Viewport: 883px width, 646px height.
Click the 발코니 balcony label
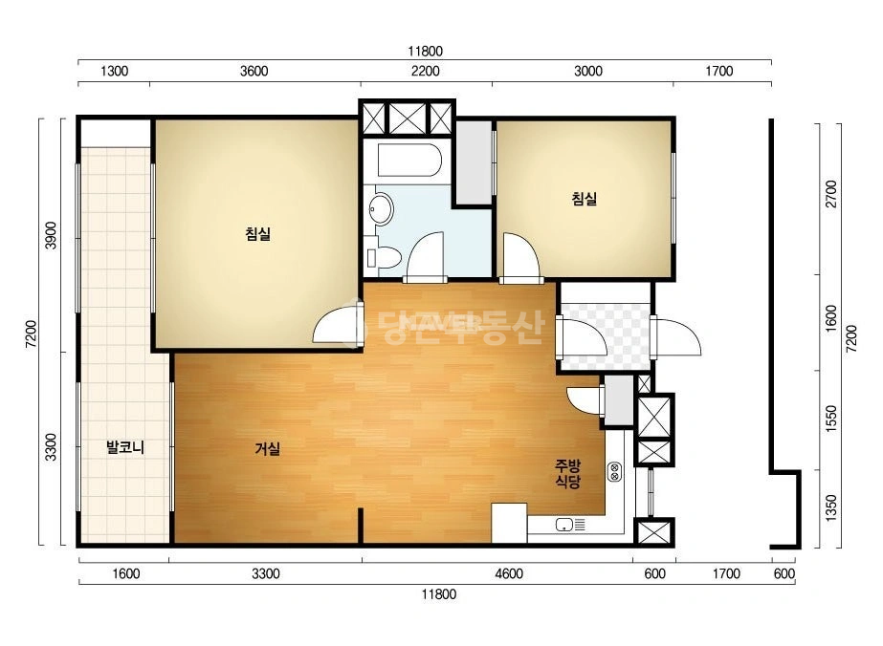click(x=125, y=447)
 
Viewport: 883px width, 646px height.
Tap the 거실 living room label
click(x=268, y=448)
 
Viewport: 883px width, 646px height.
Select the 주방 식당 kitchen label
click(x=567, y=473)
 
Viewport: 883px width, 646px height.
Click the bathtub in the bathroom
click(x=409, y=161)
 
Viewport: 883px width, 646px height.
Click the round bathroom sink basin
click(x=381, y=208)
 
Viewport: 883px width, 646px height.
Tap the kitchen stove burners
click(x=614, y=471)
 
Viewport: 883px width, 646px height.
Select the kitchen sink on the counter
click(x=570, y=525)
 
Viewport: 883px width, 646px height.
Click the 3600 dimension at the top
click(x=254, y=72)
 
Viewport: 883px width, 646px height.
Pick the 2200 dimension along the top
click(x=425, y=72)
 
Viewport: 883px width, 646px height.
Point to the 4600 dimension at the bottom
click(x=509, y=574)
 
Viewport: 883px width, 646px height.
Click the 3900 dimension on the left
click(x=52, y=235)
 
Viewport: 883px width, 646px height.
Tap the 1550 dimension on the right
click(x=831, y=420)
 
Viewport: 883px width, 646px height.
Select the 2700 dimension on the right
click(x=831, y=194)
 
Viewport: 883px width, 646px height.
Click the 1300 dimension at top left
click(x=114, y=72)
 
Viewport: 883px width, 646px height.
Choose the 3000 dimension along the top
click(x=588, y=72)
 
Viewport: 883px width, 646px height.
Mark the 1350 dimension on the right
click(x=831, y=508)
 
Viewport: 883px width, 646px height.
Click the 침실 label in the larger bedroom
click(x=258, y=233)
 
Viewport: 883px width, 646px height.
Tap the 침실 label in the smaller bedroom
click(x=585, y=198)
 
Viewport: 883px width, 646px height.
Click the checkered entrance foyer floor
click(x=606, y=336)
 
